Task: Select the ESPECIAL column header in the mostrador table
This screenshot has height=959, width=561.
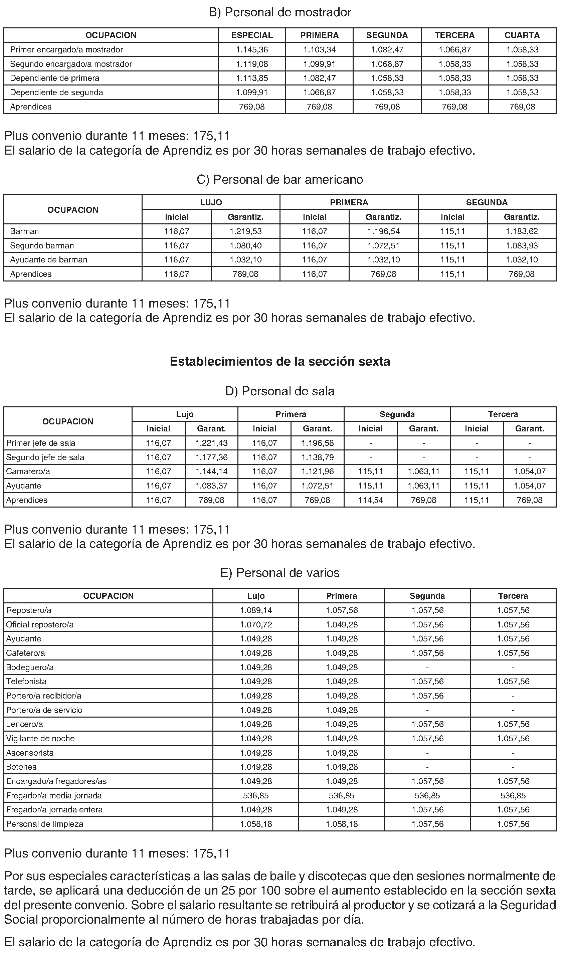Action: [252, 35]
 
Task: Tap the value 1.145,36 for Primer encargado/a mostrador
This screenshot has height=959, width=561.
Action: [252, 49]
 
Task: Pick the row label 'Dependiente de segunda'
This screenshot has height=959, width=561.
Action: [56, 92]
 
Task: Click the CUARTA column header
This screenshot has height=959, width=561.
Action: [522, 35]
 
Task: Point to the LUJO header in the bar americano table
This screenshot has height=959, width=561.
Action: [211, 202]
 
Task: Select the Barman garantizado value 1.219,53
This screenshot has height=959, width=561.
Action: [245, 231]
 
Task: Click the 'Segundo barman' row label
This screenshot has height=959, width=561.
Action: [42, 246]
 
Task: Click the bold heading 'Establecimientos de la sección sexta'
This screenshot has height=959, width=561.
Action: [280, 362]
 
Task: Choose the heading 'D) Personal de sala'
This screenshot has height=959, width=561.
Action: [280, 391]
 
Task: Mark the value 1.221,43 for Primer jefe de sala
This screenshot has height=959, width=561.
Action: [212, 443]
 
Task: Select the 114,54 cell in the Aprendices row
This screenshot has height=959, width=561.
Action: [370, 500]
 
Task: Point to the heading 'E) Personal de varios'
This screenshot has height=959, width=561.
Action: [280, 573]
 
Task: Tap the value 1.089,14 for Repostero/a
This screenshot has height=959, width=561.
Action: [256, 610]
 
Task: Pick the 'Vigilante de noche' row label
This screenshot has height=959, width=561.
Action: [40, 739]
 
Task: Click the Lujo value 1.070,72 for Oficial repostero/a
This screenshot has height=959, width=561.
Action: [256, 624]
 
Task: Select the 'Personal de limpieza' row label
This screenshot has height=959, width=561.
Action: [44, 824]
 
